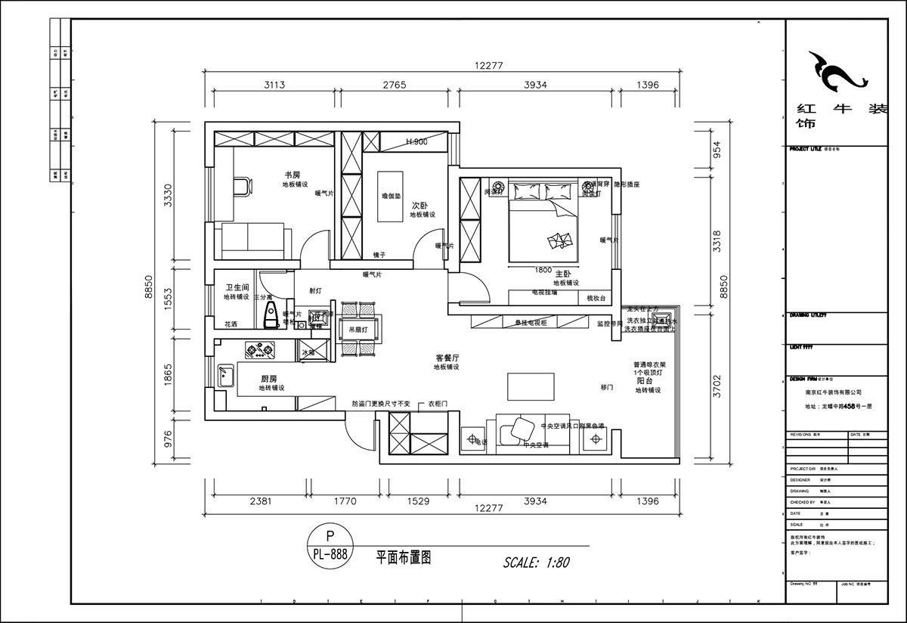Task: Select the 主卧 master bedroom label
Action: coord(563,273)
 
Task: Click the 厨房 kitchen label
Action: coord(269,379)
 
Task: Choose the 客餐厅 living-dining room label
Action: coord(447,358)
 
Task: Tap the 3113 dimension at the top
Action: coord(274,85)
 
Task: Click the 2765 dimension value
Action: coord(400,85)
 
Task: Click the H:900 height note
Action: coord(416,141)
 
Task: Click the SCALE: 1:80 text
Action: coord(536,562)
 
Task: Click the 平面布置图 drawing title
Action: coord(403,558)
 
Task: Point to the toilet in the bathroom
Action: coord(268,316)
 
